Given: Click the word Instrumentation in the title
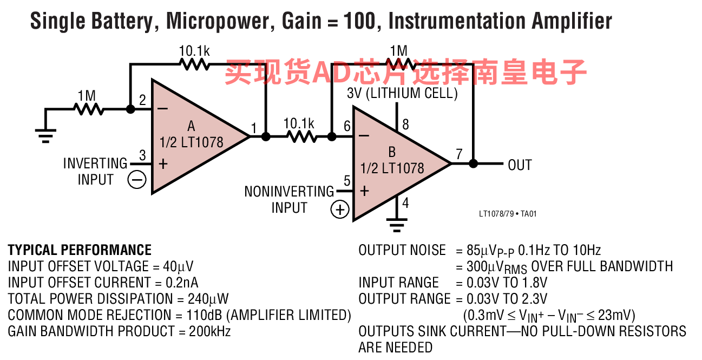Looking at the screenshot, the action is pyautogui.click(x=457, y=21).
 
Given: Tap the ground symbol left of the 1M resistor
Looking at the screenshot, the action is pyautogui.click(x=46, y=136).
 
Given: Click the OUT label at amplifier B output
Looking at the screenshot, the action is pyautogui.click(x=520, y=165).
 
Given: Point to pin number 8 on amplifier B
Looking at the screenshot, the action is pyautogui.click(x=405, y=125).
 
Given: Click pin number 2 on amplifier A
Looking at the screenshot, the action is pyautogui.click(x=142, y=100).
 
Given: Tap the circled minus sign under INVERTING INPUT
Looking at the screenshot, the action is pyautogui.click(x=137, y=180).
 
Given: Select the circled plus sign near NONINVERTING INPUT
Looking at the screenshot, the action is pyautogui.click(x=340, y=210).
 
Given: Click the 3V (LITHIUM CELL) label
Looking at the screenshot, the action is pyautogui.click(x=402, y=93).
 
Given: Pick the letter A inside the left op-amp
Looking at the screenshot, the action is pyautogui.click(x=191, y=126).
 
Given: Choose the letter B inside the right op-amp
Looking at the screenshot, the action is pyautogui.click(x=392, y=152).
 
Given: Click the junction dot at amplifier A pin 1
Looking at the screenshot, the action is pyautogui.click(x=266, y=136).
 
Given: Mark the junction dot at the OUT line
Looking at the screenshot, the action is pyautogui.click(x=473, y=163).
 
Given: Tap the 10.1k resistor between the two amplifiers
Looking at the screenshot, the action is pyautogui.click(x=301, y=136).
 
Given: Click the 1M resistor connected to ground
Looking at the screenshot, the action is pyautogui.click(x=89, y=109).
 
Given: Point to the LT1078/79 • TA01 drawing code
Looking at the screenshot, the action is pyautogui.click(x=508, y=214).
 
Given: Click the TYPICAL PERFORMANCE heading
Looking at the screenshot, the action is pyautogui.click(x=80, y=250).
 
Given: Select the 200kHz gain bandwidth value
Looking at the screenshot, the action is pyautogui.click(x=209, y=331).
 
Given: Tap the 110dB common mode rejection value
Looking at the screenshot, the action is pyautogui.click(x=204, y=315).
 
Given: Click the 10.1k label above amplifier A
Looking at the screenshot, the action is pyautogui.click(x=194, y=51).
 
